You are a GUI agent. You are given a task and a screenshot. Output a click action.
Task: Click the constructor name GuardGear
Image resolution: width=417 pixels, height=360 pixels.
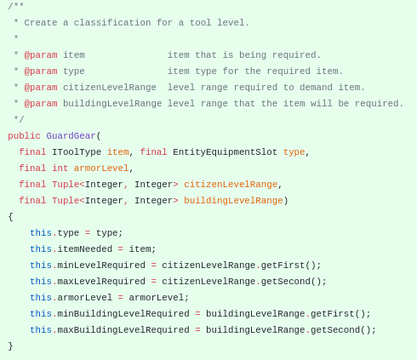coord(71,136)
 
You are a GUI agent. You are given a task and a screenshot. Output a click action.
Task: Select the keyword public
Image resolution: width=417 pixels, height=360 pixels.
coord(24,136)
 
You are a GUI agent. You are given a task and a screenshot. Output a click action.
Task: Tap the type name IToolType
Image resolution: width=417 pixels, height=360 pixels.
coord(77,152)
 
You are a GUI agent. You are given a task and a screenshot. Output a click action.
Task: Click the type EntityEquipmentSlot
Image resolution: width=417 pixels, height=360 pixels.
coord(225,152)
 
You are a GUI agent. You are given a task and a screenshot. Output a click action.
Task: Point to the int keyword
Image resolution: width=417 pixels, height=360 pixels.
coord(60,169)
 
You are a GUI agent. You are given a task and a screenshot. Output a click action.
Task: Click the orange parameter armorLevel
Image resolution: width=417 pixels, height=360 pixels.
coord(101,169)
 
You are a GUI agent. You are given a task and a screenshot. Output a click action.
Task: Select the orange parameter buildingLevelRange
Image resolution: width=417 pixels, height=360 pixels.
coord(233,201)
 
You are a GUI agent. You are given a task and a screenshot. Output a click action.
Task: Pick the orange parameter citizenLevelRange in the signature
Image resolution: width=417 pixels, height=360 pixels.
coord(231,185)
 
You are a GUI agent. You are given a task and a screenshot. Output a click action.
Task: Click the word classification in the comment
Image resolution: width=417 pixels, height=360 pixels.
coord(112,23)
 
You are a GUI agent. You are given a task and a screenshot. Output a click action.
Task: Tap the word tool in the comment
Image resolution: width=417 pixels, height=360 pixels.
coord(200,23)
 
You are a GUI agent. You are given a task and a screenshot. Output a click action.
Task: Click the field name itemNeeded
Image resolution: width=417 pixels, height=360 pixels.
coord(85,249)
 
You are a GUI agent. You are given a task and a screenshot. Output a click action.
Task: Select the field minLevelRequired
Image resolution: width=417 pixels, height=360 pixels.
coord(101,266)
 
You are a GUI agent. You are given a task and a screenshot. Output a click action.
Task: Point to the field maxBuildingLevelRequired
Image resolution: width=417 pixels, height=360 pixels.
coord(123,330)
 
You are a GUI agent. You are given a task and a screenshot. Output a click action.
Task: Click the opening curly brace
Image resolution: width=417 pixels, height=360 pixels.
coord(11,217)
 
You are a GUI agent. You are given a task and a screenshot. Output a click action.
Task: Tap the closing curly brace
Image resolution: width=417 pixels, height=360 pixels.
coord(11,346)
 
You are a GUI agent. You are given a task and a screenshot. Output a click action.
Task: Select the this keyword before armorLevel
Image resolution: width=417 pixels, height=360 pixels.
coord(41,298)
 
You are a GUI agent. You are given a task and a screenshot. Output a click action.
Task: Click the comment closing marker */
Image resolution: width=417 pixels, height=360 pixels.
coord(19,119)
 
